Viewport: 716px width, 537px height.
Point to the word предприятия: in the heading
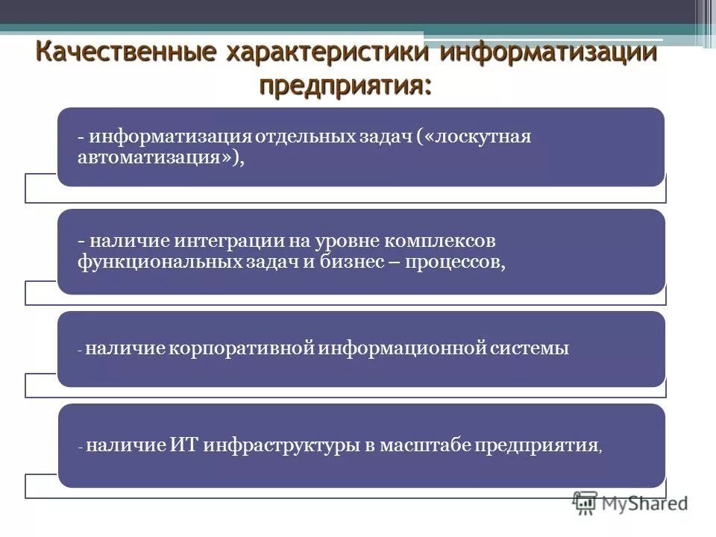click(345, 84)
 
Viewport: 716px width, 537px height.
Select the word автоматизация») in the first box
click(161, 158)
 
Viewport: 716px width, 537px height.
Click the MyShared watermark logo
click(630, 503)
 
